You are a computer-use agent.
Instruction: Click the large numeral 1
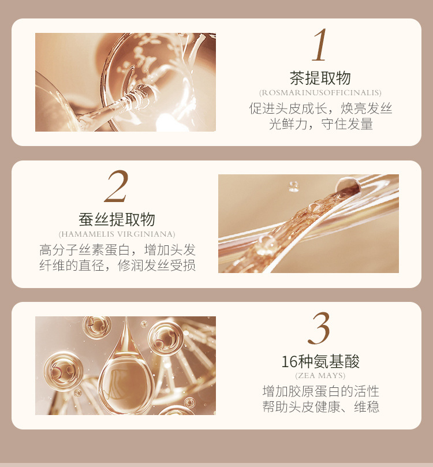(x=319, y=44)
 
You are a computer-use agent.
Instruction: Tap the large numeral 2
(x=117, y=186)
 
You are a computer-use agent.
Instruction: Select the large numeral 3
(x=319, y=328)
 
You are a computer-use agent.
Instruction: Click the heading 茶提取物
(x=320, y=78)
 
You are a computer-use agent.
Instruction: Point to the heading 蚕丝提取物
(x=117, y=219)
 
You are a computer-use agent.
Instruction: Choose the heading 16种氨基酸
(x=320, y=361)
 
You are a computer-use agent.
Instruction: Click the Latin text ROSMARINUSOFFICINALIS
(x=320, y=92)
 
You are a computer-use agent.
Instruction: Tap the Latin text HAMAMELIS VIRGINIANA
(x=117, y=234)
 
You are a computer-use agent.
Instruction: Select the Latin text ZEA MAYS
(x=320, y=375)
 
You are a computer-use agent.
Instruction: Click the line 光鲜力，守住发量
(x=321, y=124)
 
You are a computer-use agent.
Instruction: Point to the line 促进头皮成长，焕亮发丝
(x=320, y=108)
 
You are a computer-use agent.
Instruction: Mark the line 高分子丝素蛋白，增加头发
(x=117, y=249)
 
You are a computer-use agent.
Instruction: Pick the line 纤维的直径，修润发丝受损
(x=117, y=265)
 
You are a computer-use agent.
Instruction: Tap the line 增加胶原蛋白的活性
(x=321, y=391)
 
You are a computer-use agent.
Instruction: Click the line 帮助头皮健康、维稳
(x=321, y=406)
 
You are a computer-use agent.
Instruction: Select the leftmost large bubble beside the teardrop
(x=63, y=371)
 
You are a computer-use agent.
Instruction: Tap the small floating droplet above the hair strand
(x=294, y=186)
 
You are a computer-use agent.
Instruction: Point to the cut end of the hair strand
(x=348, y=185)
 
